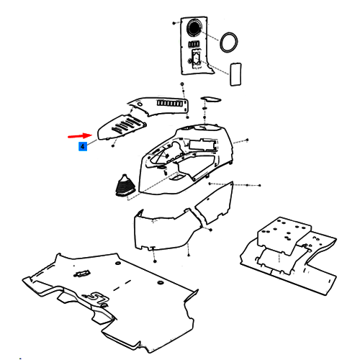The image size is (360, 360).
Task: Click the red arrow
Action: [80, 136]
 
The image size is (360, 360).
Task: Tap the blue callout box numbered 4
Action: [83, 146]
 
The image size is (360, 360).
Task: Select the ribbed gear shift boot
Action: [125, 185]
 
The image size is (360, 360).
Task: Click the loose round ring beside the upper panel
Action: [229, 42]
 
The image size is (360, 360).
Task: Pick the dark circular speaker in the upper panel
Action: [194, 27]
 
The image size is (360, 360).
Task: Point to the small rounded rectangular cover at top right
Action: [235, 74]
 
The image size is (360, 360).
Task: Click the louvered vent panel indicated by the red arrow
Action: [122, 127]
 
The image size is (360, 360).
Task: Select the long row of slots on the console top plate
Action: [170, 103]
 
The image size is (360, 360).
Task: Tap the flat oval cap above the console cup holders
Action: [211, 99]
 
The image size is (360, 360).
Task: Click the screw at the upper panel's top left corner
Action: [174, 23]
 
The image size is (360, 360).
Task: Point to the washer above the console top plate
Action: [182, 84]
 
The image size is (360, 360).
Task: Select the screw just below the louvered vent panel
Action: [113, 145]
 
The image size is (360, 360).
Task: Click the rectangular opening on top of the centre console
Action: [203, 145]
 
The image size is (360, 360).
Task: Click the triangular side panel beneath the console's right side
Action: [215, 203]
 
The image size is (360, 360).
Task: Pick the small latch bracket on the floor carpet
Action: [82, 274]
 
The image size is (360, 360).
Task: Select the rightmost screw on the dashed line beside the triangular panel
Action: [259, 185]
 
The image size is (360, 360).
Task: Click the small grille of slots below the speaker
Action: [194, 44]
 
